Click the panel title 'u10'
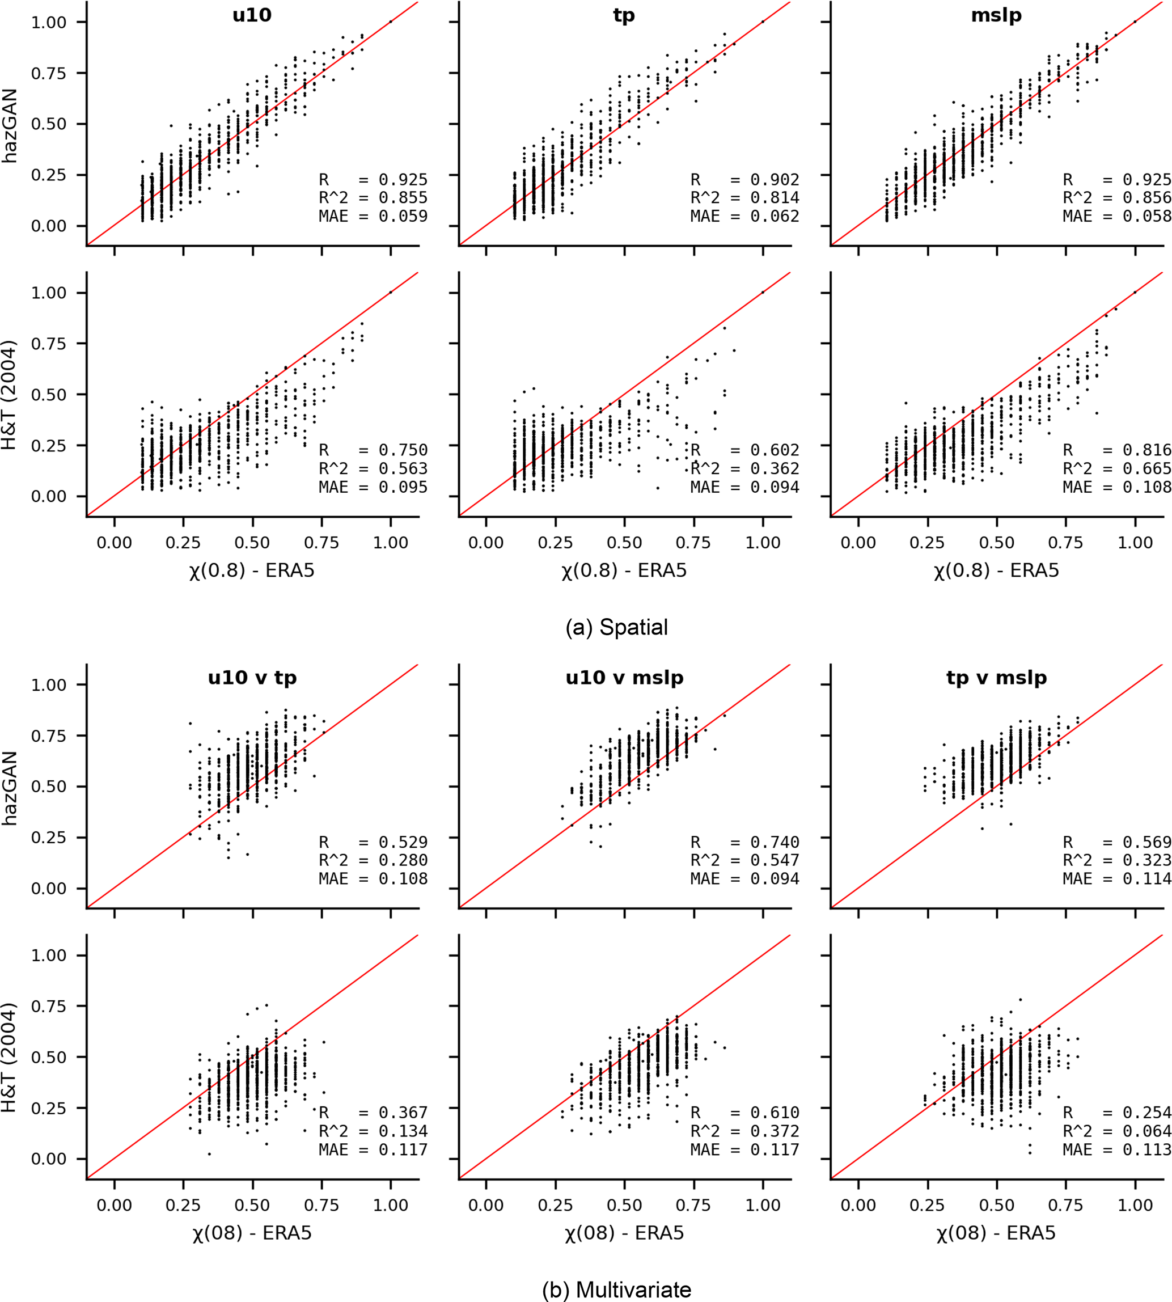(252, 15)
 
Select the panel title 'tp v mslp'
(996, 678)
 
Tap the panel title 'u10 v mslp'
(624, 678)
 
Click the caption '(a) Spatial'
(616, 627)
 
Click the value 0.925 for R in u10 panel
(403, 180)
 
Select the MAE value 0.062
(775, 217)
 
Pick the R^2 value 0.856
(1146, 198)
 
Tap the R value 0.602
(775, 450)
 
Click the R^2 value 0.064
(1146, 1131)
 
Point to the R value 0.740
(775, 842)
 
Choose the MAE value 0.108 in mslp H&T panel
(1146, 487)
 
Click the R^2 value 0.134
(403, 1131)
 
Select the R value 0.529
(403, 842)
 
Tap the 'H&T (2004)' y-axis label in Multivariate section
(10, 1058)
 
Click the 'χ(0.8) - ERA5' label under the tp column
(624, 570)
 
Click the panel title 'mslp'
(996, 15)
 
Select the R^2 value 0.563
(403, 469)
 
